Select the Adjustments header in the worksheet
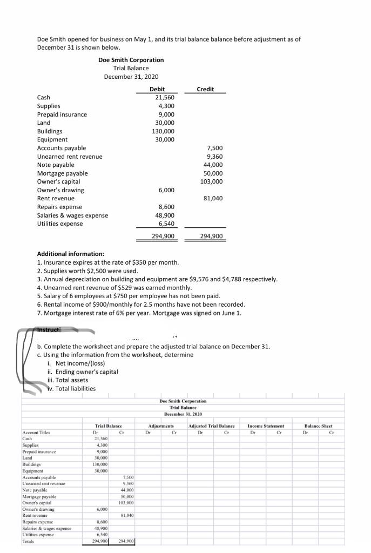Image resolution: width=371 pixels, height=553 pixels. [x=160, y=426]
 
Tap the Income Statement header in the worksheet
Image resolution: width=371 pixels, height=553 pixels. [x=265, y=426]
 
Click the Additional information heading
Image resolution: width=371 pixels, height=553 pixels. [x=71, y=254]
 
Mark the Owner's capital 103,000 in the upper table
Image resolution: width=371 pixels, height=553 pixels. [x=211, y=181]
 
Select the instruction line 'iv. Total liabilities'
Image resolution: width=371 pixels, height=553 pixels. [x=70, y=388]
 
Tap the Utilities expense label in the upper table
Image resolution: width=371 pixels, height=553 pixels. [x=60, y=224]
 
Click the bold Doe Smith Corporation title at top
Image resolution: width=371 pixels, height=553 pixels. [x=131, y=60]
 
